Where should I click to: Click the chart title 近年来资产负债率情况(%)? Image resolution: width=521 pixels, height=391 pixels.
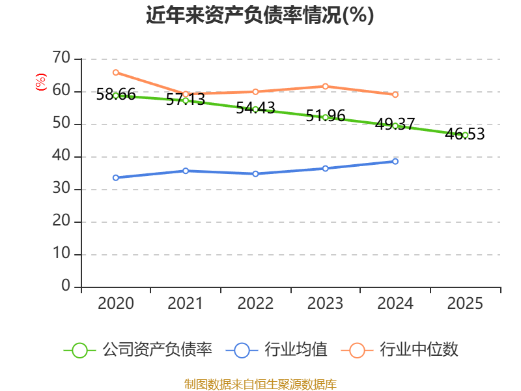[x=260, y=16]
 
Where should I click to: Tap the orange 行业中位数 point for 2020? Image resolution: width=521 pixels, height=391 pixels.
[x=115, y=72]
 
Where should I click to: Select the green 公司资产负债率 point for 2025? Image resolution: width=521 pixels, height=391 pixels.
[x=465, y=135]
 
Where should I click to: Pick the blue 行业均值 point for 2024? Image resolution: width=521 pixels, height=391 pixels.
[x=395, y=161]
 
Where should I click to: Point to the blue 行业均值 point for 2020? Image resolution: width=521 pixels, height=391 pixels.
[x=115, y=177]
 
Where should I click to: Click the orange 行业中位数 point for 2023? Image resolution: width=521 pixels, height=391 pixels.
[x=325, y=86]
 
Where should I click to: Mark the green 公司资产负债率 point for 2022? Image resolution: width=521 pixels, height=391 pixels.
[x=255, y=109]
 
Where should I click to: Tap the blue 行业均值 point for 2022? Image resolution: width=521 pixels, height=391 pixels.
[x=255, y=174]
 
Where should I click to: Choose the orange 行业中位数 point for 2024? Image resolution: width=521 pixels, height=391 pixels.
[x=395, y=94]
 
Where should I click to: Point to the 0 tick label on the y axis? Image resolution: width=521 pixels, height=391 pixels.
[x=65, y=286]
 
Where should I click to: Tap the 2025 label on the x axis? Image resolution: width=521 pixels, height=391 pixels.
[x=465, y=304]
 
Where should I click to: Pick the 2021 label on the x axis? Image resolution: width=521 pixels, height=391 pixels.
[x=185, y=304]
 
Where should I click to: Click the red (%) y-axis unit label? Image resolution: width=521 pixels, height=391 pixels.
[x=40, y=82]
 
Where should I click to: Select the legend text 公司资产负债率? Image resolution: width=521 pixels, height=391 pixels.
[x=157, y=350]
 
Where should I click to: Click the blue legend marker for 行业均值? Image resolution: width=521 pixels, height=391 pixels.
[x=242, y=350]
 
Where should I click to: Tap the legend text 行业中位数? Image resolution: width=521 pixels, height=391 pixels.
[x=419, y=350]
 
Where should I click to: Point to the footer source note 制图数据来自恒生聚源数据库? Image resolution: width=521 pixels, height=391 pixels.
[x=260, y=384]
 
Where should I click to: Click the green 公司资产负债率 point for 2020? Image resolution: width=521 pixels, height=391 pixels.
[x=115, y=96]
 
